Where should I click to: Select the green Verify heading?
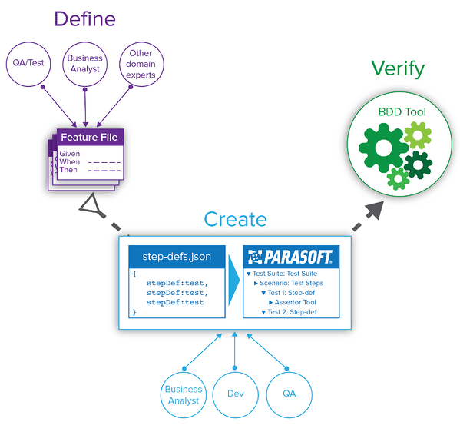click(397, 68)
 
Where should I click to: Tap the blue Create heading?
click(236, 219)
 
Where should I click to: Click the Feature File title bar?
click(89, 138)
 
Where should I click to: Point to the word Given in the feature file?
click(70, 154)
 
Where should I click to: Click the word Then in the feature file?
click(68, 170)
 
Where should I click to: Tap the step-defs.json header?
click(176, 255)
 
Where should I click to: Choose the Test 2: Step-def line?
click(292, 311)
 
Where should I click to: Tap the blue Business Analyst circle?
click(184, 395)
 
